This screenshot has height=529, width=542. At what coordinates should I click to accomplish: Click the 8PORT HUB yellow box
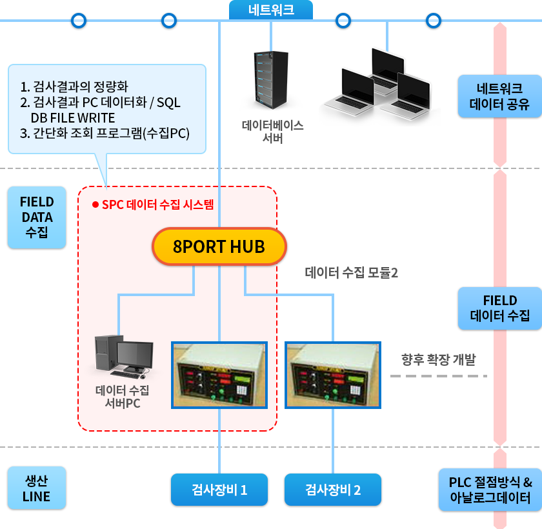pyautogui.click(x=219, y=246)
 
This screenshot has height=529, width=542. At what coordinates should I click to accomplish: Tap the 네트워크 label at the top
pyautogui.click(x=271, y=10)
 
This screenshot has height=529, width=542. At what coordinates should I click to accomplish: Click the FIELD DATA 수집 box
pyautogui.click(x=37, y=217)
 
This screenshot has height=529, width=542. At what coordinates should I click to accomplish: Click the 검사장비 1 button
pyautogui.click(x=219, y=489)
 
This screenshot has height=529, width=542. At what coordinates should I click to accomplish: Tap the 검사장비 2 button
pyautogui.click(x=333, y=489)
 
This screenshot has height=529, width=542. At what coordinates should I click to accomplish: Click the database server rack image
pyautogui.click(x=270, y=81)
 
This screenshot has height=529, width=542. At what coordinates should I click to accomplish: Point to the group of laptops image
pyautogui.click(x=379, y=85)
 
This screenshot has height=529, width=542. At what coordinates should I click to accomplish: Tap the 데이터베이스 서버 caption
pyautogui.click(x=273, y=132)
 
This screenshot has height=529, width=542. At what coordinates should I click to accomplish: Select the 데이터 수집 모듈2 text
pyautogui.click(x=351, y=273)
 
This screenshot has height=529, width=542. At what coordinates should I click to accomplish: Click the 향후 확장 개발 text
pyautogui.click(x=438, y=359)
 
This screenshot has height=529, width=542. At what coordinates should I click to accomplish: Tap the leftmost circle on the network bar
pyautogui.click(x=79, y=21)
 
